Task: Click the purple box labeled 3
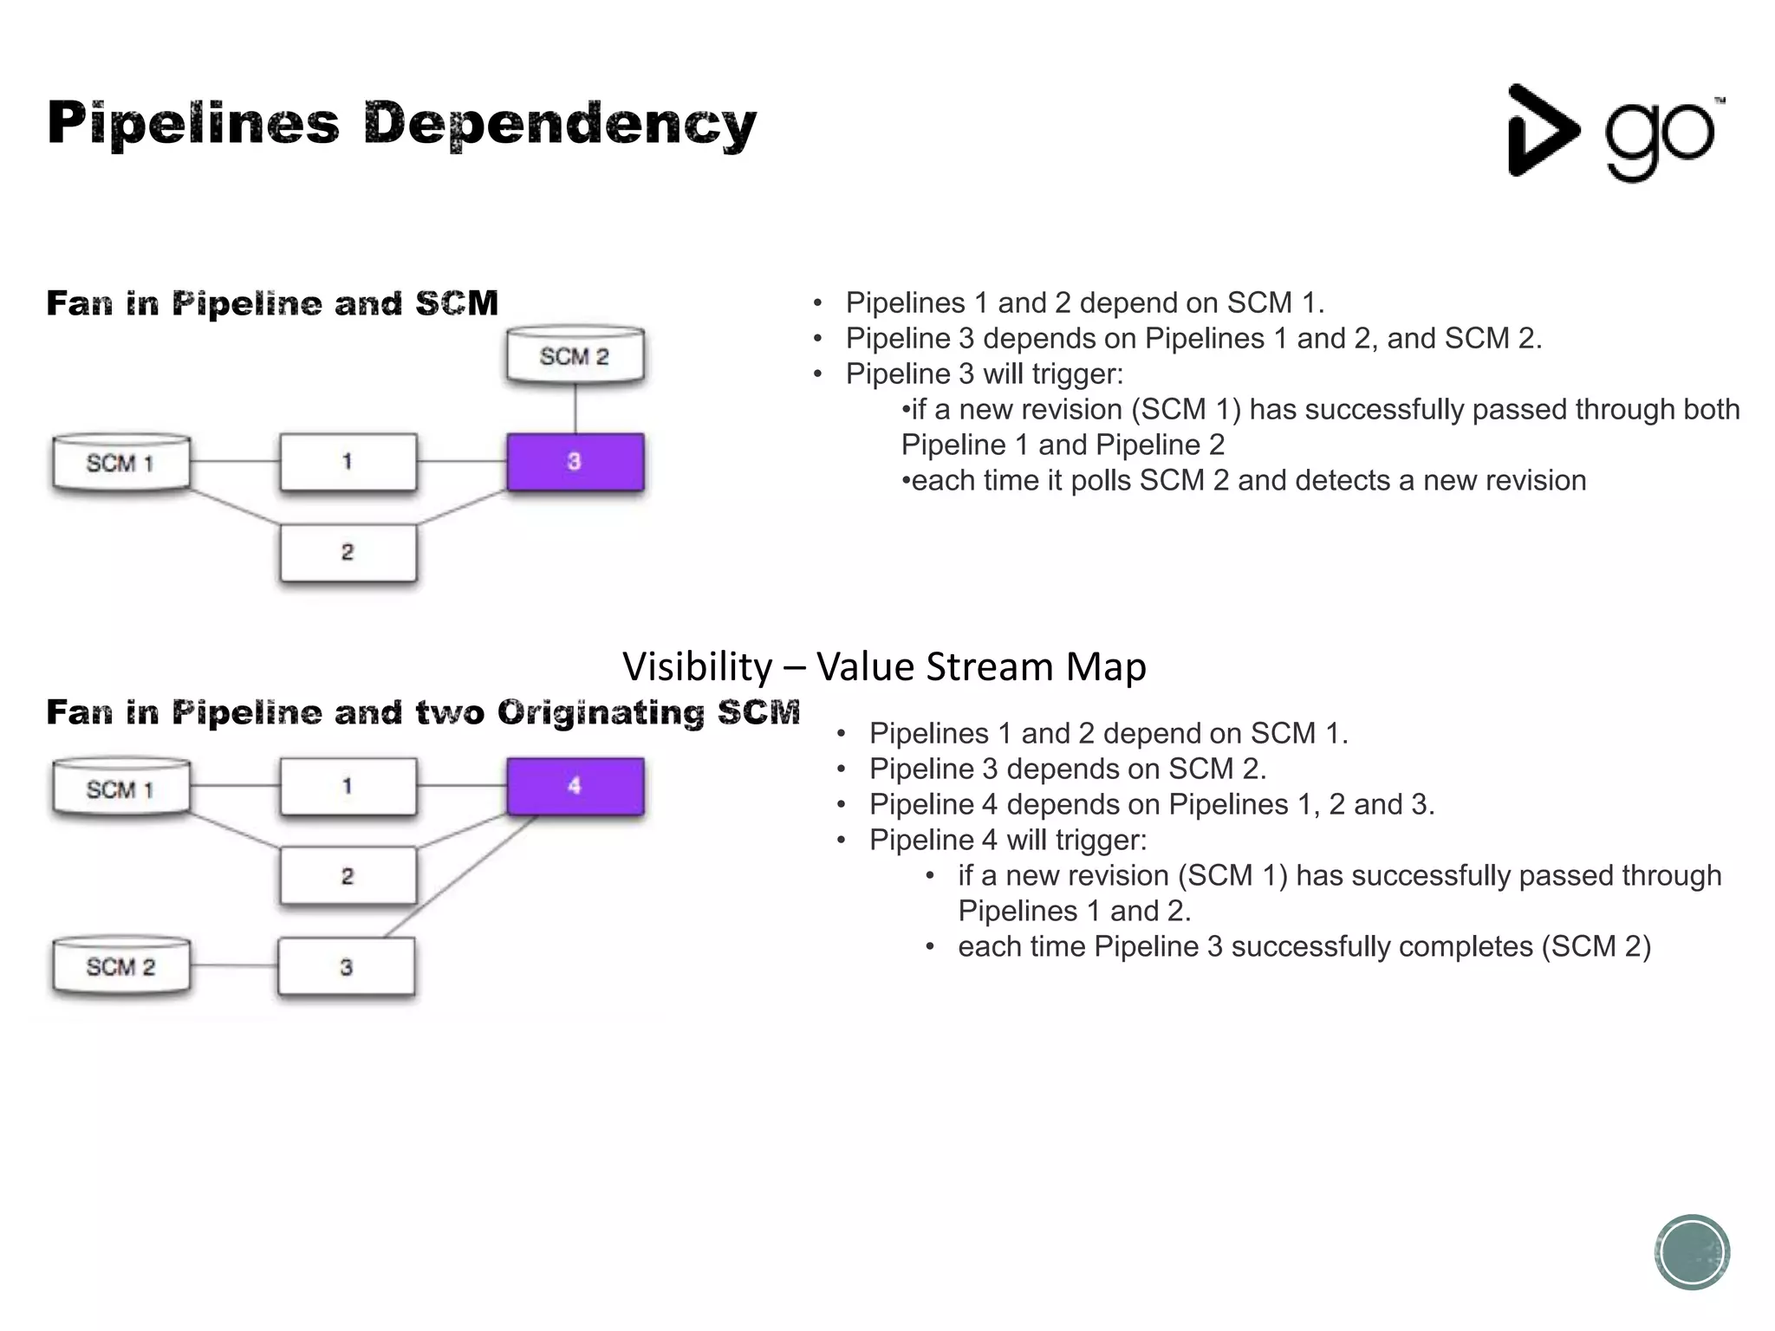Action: (x=575, y=462)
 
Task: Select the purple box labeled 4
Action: (x=575, y=786)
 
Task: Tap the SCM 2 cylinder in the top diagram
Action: (x=575, y=355)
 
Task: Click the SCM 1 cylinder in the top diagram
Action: (x=121, y=463)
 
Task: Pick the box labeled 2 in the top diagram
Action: (x=348, y=553)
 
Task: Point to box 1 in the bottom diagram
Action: (x=348, y=786)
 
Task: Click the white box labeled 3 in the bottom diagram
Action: (x=347, y=967)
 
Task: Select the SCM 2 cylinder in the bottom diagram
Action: (x=121, y=966)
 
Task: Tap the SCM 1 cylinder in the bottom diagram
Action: (x=121, y=789)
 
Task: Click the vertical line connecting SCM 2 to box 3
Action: (x=575, y=409)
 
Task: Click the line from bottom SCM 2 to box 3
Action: (x=234, y=965)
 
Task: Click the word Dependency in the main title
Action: (x=560, y=124)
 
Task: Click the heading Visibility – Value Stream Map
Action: (x=884, y=666)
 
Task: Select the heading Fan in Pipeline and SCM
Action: (x=272, y=303)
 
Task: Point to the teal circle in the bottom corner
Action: (x=1691, y=1252)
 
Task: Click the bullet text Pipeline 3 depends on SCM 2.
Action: (x=1067, y=769)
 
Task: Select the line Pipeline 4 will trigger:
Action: (x=1007, y=840)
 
